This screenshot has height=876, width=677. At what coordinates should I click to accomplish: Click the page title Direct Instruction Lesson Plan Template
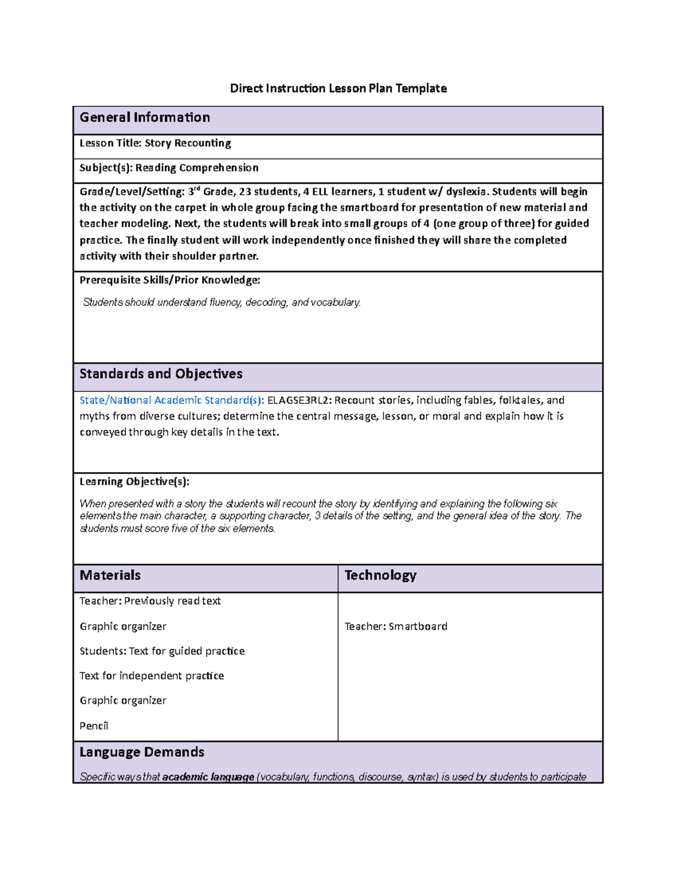338,88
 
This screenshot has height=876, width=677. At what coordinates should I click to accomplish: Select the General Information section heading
144,117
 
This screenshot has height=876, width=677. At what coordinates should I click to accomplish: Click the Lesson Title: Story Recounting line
155,143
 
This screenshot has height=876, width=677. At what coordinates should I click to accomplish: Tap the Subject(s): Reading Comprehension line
169,168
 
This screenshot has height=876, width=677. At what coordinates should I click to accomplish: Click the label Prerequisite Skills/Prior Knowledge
169,280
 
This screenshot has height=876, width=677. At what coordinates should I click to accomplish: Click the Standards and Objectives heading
161,374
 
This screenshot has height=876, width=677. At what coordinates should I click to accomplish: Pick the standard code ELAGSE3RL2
299,400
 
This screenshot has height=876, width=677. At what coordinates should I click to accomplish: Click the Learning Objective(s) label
134,482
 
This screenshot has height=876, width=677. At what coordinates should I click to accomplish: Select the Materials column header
110,575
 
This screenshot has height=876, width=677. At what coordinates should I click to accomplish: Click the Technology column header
380,575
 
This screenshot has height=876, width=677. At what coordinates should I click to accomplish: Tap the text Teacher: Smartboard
395,626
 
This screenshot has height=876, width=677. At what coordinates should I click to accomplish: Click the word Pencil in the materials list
94,726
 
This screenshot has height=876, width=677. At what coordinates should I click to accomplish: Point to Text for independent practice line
152,676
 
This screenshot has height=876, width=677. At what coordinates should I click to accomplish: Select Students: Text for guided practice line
162,651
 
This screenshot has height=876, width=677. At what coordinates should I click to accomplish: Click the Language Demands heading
142,752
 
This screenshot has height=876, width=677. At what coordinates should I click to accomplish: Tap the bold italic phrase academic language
208,777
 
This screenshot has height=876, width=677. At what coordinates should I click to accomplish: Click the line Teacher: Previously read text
150,601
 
